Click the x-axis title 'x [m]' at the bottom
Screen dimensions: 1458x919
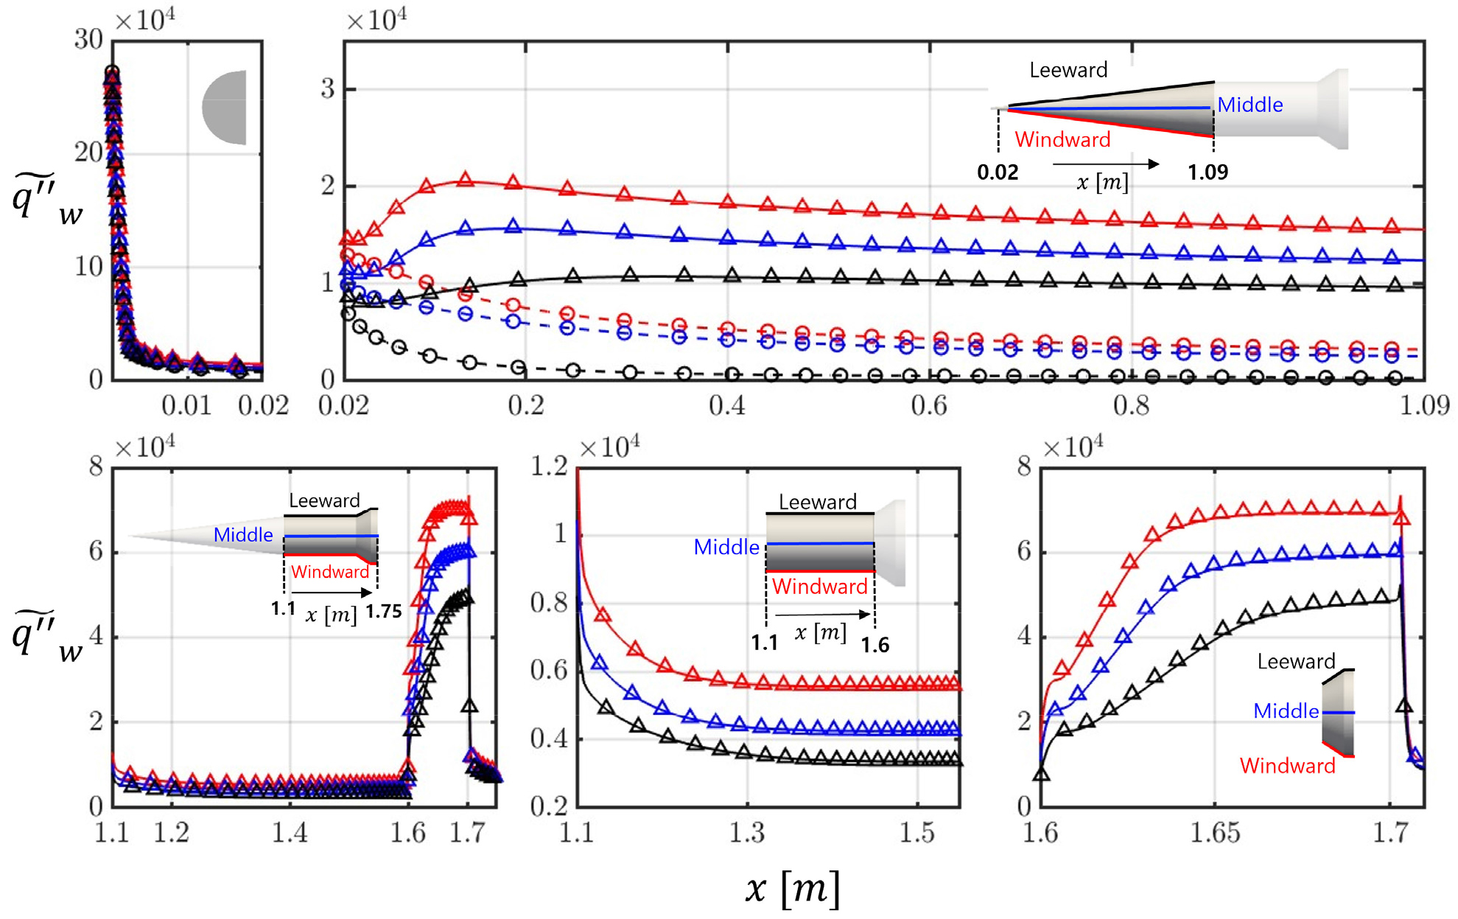[793, 889]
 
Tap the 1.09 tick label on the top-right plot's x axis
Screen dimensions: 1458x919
[1424, 405]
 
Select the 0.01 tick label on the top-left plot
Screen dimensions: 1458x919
[187, 405]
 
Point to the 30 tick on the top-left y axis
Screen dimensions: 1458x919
[88, 39]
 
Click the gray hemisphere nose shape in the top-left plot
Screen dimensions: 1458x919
[224, 108]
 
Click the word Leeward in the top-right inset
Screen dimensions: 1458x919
[1068, 70]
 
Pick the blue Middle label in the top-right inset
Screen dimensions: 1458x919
[1250, 105]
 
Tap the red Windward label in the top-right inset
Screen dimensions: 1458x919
[1062, 139]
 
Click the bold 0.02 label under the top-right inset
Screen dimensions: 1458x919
[998, 172]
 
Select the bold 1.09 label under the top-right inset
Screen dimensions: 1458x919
[1208, 172]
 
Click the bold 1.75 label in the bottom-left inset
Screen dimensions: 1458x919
[384, 612]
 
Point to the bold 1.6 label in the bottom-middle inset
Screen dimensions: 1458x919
[875, 645]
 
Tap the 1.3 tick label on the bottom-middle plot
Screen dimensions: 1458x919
[747, 833]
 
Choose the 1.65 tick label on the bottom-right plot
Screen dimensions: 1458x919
[1215, 833]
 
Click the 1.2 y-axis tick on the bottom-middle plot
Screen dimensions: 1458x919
[550, 467]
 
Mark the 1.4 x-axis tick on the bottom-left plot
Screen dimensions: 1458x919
[290, 833]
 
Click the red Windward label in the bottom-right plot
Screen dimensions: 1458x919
[1287, 766]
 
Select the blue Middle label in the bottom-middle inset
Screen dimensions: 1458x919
[726, 547]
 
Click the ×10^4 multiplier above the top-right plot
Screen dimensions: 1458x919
[376, 20]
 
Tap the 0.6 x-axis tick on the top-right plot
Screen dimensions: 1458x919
[929, 405]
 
